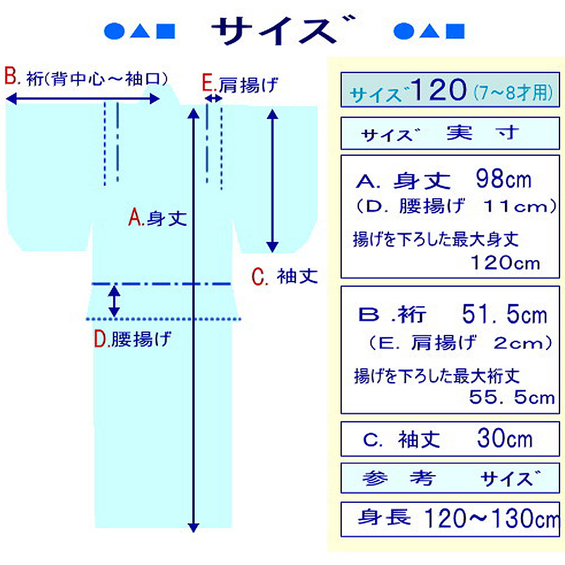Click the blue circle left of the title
click(114, 31)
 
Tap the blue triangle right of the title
click(429, 31)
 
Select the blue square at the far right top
click(455, 31)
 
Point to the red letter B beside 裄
click(11, 76)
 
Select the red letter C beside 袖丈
click(259, 277)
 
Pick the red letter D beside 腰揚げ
click(101, 339)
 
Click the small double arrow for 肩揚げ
click(214, 98)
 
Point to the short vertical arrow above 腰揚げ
click(114, 301)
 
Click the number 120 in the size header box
click(438, 89)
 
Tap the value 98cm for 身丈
click(503, 179)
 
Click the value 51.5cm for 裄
click(504, 315)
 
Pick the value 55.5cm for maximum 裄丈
click(511, 398)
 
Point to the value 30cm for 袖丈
click(504, 439)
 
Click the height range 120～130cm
click(491, 519)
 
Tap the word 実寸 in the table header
click(482, 133)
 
